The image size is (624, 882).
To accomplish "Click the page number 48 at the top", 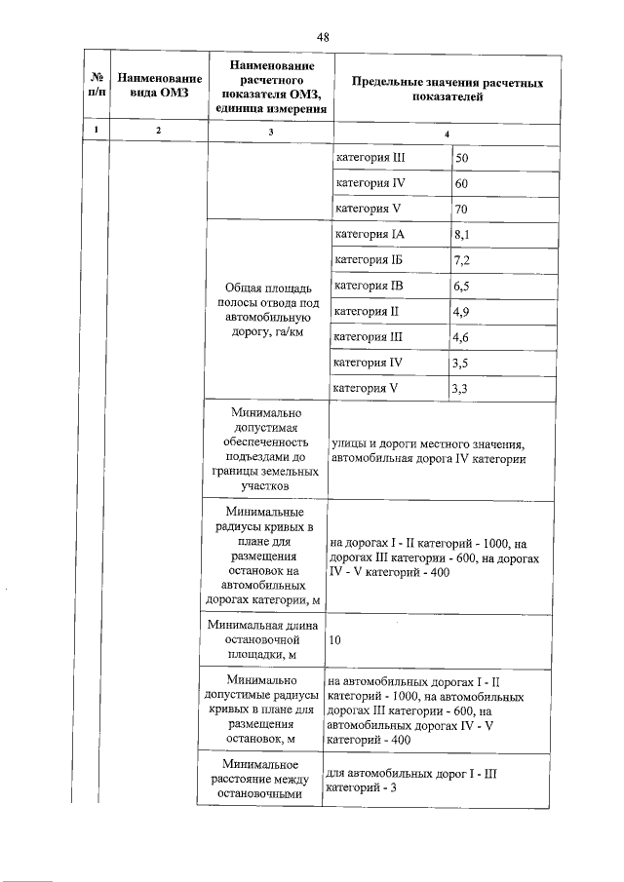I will [323, 36].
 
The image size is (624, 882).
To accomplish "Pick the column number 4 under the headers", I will [447, 133].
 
